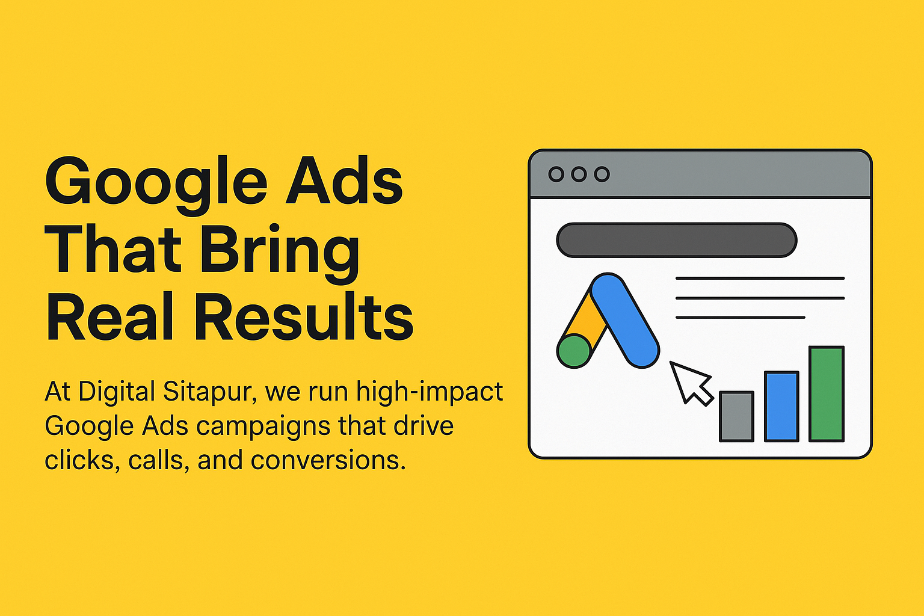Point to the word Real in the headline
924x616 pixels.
click(109, 316)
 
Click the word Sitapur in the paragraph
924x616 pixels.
click(211, 392)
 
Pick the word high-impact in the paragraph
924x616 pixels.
click(430, 392)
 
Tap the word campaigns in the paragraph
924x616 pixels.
click(263, 427)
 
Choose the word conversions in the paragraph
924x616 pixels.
click(328, 460)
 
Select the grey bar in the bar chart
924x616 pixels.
click(737, 417)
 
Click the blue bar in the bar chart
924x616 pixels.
click(781, 407)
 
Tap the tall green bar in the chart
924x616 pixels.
click(827, 394)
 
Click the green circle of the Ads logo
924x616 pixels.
click(574, 351)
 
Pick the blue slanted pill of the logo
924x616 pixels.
click(625, 320)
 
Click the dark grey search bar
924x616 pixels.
click(677, 240)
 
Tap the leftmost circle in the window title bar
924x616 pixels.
click(556, 174)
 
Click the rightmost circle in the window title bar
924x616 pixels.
click(602, 174)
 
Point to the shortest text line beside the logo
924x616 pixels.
click(741, 317)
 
